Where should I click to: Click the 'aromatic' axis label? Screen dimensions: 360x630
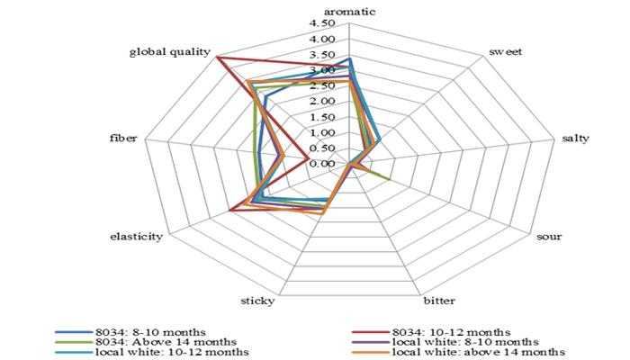349,13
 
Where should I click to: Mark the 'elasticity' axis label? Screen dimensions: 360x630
136,237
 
